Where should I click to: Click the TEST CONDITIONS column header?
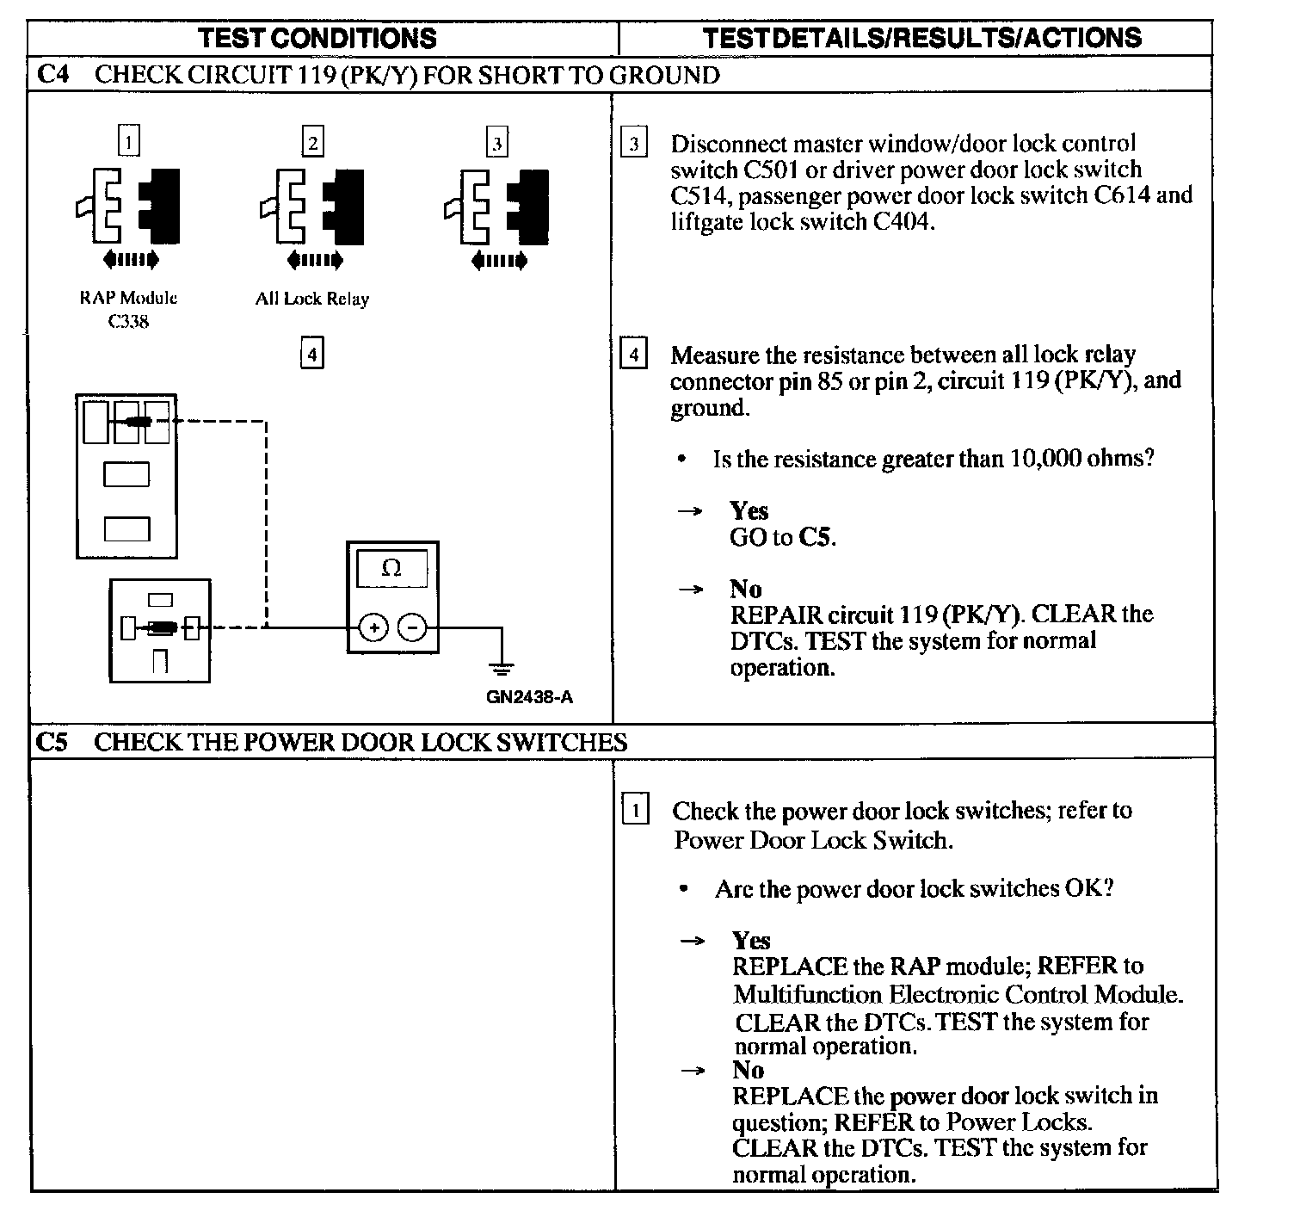point(317,38)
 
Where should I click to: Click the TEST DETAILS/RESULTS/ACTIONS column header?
point(921,38)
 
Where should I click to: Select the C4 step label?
point(52,75)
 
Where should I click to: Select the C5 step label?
point(52,742)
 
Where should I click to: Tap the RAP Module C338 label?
point(128,309)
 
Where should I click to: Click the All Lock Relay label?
point(311,300)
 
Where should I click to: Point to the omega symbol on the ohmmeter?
point(391,568)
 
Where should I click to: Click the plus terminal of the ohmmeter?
point(373,628)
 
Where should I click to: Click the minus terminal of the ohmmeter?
point(412,628)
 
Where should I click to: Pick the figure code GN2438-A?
point(529,697)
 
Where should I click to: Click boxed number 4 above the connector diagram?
point(312,354)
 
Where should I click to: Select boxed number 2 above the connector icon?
point(312,141)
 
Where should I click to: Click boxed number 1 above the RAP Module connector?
point(128,141)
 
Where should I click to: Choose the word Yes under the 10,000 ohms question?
point(749,511)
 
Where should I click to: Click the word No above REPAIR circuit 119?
point(745,589)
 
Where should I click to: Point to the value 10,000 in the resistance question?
point(1044,459)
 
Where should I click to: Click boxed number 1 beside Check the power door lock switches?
point(635,811)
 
